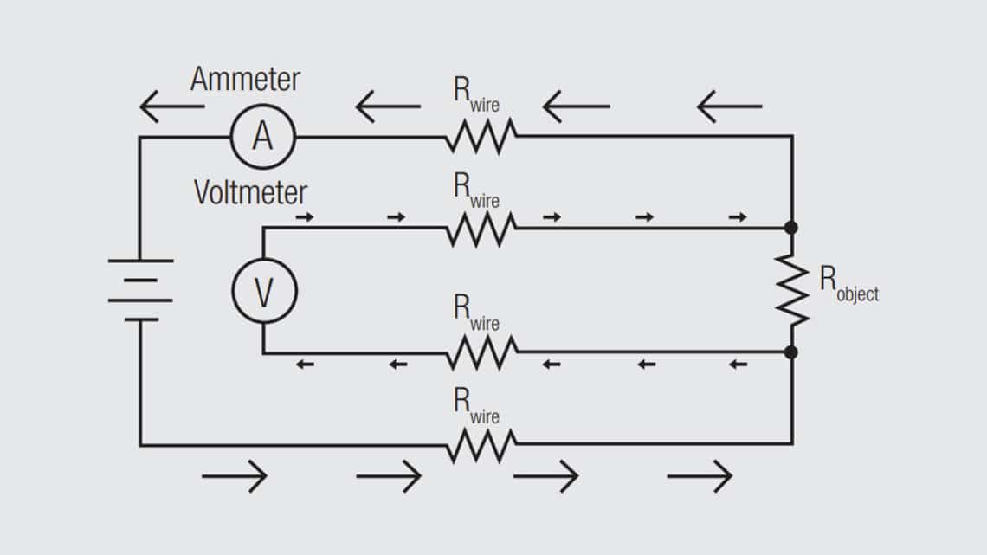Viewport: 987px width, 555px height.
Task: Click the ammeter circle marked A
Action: tap(262, 137)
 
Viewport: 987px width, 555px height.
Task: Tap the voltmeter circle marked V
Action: tap(263, 291)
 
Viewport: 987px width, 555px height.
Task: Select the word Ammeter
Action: tap(245, 80)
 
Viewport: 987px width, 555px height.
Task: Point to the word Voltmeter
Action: tap(250, 191)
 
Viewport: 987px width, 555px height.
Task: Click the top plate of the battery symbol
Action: tap(140, 261)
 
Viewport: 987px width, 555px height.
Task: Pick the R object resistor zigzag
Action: tap(791, 290)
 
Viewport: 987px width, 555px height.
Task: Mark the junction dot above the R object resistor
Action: tap(790, 228)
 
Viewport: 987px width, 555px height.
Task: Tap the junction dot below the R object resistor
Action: tap(790, 352)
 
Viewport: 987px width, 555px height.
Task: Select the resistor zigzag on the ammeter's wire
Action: tap(481, 136)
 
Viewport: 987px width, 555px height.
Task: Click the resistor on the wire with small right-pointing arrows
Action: tap(481, 229)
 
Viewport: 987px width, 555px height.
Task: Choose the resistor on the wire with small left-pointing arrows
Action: tap(481, 352)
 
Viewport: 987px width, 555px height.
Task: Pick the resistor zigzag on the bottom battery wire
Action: tap(481, 445)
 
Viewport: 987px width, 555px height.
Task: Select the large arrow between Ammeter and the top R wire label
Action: tap(387, 107)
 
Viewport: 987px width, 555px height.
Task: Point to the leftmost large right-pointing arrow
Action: tap(235, 475)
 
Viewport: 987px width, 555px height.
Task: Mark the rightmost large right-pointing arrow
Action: tap(700, 475)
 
